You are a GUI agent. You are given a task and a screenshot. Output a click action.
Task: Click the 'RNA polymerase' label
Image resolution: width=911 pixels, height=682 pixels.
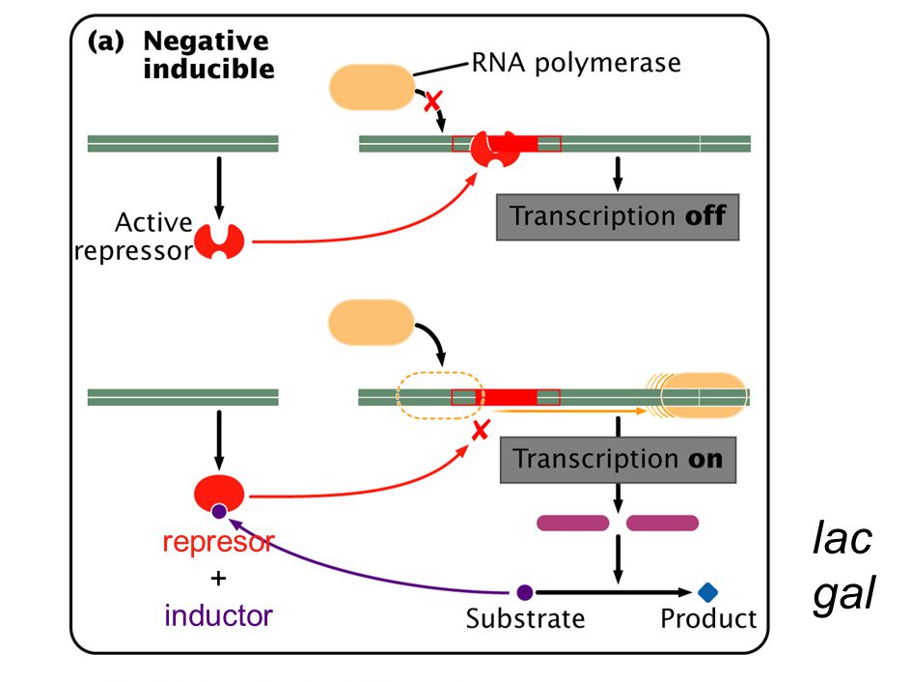pyautogui.click(x=576, y=63)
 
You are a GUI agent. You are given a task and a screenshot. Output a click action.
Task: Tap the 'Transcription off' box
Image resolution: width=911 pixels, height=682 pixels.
pyautogui.click(x=618, y=216)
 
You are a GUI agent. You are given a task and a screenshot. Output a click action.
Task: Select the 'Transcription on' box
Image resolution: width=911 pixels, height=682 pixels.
pyautogui.click(x=619, y=460)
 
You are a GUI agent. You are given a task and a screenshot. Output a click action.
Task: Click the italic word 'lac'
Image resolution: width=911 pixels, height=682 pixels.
pyautogui.click(x=842, y=538)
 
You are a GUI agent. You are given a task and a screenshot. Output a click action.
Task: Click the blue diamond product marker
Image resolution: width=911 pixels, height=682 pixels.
pyautogui.click(x=707, y=592)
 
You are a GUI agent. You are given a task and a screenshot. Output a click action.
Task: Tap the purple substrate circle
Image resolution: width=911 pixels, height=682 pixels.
pyautogui.click(x=525, y=592)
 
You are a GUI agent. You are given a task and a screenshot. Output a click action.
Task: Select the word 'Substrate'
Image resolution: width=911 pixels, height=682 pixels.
pyautogui.click(x=525, y=618)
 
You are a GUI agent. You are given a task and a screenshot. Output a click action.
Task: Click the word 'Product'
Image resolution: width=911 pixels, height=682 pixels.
pyautogui.click(x=708, y=618)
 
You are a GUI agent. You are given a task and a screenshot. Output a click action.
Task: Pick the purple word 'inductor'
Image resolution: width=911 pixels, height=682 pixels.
pyautogui.click(x=218, y=615)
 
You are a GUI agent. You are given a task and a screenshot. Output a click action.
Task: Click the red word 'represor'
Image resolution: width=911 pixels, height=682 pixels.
pyautogui.click(x=218, y=542)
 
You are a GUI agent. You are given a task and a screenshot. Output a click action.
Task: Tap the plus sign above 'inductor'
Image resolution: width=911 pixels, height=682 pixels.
pyautogui.click(x=218, y=579)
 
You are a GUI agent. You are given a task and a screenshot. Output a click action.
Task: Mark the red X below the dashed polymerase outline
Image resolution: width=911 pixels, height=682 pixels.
pyautogui.click(x=481, y=431)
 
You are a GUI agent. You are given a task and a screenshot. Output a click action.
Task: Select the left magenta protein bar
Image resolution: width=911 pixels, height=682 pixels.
pyautogui.click(x=572, y=524)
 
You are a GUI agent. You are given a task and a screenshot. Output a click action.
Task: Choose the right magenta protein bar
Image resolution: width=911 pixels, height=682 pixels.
pyautogui.click(x=662, y=524)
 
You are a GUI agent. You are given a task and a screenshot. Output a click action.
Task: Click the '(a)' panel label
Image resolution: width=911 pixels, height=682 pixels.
pyautogui.click(x=106, y=42)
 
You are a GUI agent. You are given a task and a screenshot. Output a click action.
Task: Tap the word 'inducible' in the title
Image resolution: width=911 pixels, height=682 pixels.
pyautogui.click(x=209, y=69)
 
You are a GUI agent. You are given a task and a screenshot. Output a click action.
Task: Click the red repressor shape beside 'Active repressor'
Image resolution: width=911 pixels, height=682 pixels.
pyautogui.click(x=219, y=242)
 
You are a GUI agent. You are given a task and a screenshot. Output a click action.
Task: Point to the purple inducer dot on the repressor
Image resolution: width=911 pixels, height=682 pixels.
pyautogui.click(x=219, y=511)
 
